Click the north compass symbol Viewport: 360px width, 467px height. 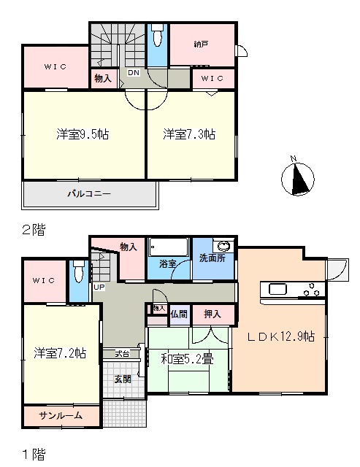click(x=297, y=178)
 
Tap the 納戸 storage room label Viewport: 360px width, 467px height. click(x=201, y=45)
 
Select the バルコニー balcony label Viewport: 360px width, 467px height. click(x=89, y=194)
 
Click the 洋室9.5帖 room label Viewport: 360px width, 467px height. click(x=83, y=134)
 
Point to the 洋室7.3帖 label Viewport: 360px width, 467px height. click(x=189, y=134)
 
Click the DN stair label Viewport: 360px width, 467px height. click(x=134, y=72)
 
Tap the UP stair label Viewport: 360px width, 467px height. click(x=99, y=287)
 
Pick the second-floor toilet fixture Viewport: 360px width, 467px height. click(x=157, y=35)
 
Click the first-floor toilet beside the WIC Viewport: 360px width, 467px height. click(x=78, y=272)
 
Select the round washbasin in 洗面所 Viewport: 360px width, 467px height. click(x=223, y=247)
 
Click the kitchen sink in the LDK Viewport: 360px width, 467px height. click(x=277, y=289)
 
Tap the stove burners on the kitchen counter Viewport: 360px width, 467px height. click(x=311, y=290)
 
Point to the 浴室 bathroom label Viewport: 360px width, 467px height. click(x=167, y=263)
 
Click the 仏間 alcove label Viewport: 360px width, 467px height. click(x=179, y=314)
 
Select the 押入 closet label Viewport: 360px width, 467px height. click(x=212, y=314)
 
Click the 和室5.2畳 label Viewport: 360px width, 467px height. click(x=187, y=360)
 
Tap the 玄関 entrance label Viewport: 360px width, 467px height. click(x=123, y=379)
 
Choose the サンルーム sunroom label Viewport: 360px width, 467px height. click(x=61, y=415)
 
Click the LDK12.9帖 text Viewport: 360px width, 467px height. click(x=281, y=336)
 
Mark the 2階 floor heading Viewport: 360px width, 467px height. click(x=34, y=230)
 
